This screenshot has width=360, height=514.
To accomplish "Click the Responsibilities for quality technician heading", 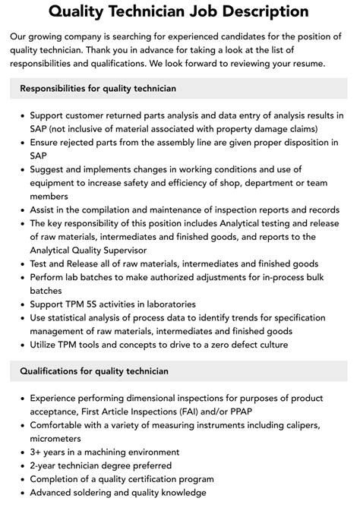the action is [x=98, y=88].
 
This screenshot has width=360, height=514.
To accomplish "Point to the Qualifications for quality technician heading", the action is [x=94, y=371].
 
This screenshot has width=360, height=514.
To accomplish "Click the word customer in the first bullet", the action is [x=87, y=115].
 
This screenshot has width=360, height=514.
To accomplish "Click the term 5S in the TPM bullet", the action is [x=94, y=304].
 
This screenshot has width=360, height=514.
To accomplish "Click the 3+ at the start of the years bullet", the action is [x=36, y=452].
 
